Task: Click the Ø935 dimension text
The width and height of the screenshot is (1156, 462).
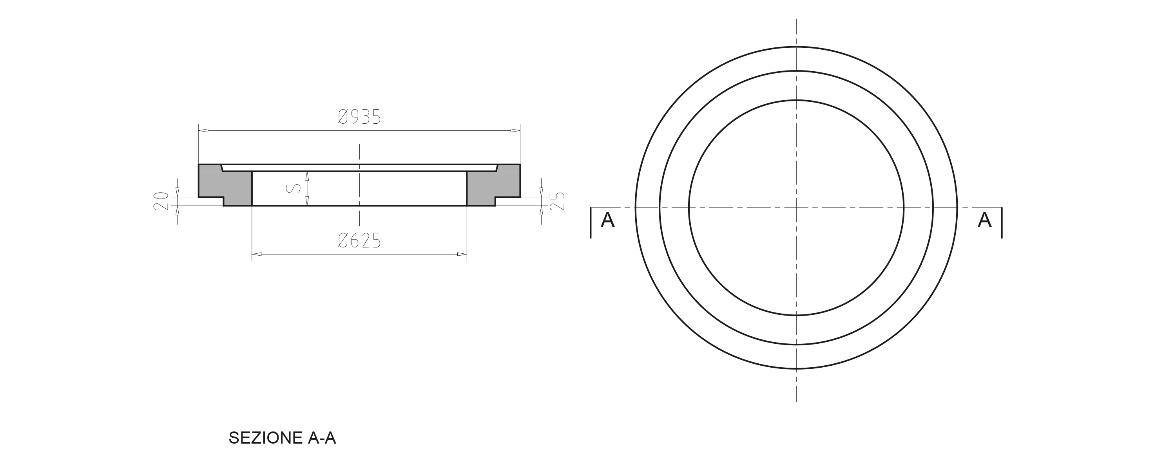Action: (x=359, y=117)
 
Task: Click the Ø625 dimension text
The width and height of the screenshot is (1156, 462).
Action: (x=359, y=241)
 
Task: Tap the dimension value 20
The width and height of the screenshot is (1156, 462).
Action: (x=161, y=201)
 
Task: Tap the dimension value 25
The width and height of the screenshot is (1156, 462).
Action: (x=557, y=201)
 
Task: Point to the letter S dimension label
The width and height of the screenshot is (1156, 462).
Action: (x=294, y=188)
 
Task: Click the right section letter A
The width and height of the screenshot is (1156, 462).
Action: (x=985, y=220)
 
